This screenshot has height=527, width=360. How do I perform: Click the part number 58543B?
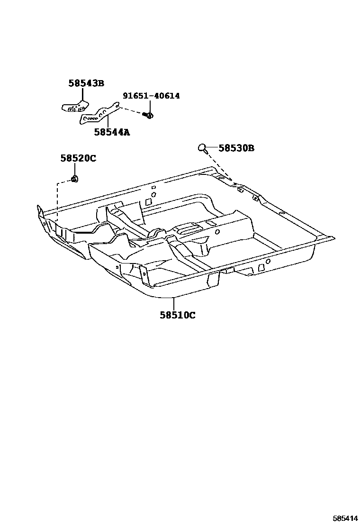tap(86, 83)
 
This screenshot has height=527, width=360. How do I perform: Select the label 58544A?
tap(111, 132)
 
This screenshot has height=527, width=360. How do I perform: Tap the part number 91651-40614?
tap(151, 96)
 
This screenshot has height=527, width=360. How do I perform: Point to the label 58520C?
tap(78, 158)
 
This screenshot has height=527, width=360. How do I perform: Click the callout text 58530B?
tap(236, 148)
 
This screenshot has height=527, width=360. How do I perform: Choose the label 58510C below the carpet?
tap(177, 315)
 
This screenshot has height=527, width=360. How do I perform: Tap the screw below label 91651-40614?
tap(149, 115)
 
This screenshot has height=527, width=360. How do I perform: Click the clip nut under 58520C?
tap(74, 179)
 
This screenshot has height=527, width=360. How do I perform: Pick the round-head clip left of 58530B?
tap(202, 148)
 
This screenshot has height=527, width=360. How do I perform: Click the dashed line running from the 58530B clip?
tap(218, 164)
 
